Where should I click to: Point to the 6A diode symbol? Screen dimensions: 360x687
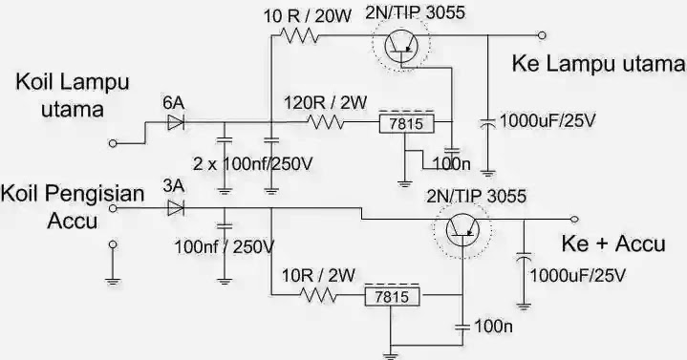[x=174, y=121]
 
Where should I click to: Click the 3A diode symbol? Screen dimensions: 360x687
[x=174, y=207]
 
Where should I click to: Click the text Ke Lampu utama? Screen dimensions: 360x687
[x=599, y=65]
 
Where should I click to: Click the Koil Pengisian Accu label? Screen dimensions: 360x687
[x=73, y=207]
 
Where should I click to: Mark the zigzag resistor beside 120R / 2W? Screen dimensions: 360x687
[x=325, y=122]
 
